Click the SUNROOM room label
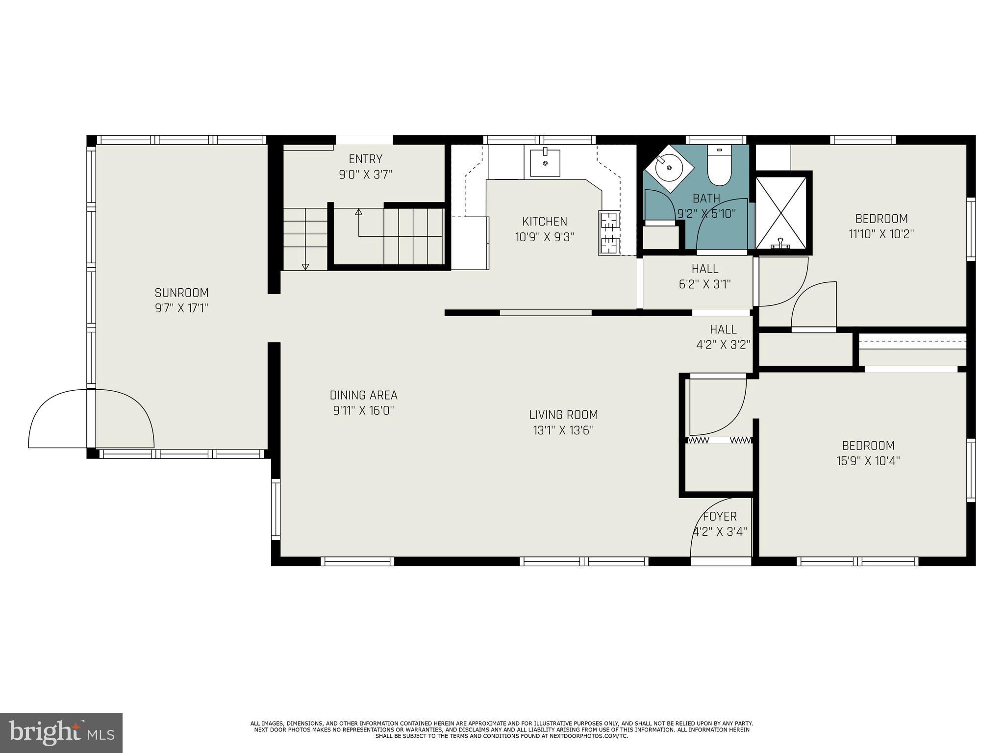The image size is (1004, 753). click(181, 293)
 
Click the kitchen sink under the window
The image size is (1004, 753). click(545, 163)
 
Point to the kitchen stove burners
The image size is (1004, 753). click(609, 233)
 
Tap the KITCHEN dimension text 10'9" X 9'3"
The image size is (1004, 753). click(544, 237)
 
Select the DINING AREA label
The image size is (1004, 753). click(363, 395)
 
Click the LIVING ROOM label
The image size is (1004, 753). click(563, 415)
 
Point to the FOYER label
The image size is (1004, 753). click(720, 516)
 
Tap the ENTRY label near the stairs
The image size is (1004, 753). click(365, 159)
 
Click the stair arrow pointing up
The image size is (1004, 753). click(358, 212)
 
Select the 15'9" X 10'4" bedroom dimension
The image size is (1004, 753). click(868, 461)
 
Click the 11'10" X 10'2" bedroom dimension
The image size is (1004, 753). click(881, 234)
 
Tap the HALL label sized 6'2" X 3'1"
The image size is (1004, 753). click(705, 269)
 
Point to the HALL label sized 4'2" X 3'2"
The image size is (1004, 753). click(723, 329)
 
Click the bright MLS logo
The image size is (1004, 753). click(61, 733)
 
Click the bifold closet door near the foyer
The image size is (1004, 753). click(720, 440)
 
